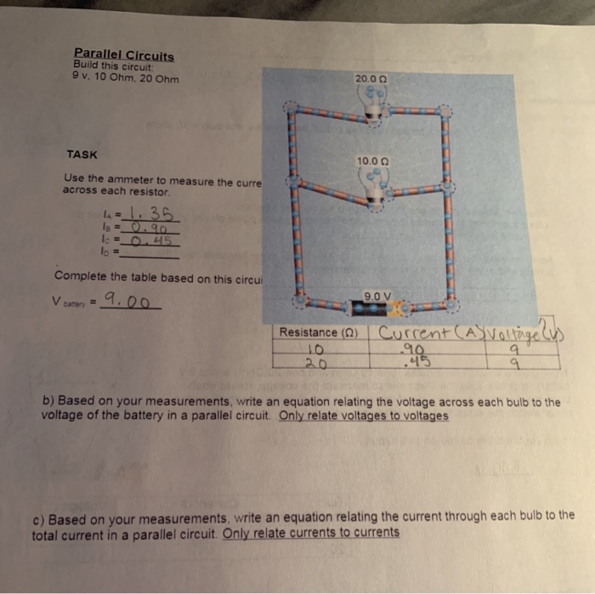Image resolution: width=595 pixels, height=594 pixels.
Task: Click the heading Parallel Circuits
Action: (x=123, y=57)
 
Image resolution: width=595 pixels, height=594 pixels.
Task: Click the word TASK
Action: (x=82, y=155)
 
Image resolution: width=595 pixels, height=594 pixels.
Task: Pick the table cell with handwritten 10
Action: (x=317, y=348)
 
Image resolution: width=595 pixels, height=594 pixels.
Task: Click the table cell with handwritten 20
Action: (x=317, y=361)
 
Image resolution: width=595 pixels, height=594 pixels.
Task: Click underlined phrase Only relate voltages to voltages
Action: (x=363, y=416)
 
